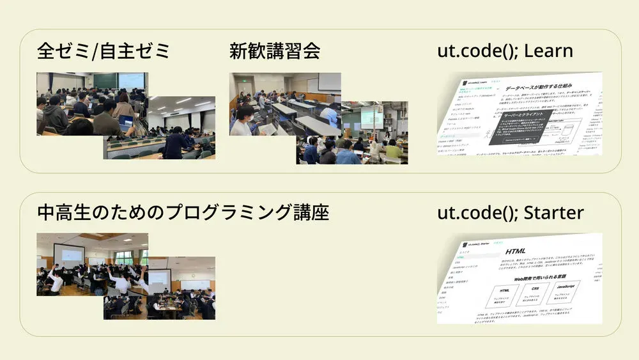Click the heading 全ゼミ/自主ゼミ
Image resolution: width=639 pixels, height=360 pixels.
pyautogui.click(x=104, y=51)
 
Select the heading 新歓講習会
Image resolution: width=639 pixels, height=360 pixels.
pyautogui.click(x=275, y=51)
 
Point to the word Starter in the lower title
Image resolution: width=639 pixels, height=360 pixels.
pyautogui.click(x=553, y=212)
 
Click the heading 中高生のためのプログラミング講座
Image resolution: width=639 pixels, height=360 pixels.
pyautogui.click(x=183, y=212)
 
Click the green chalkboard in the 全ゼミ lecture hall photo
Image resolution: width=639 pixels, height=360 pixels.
pyautogui.click(x=105, y=80)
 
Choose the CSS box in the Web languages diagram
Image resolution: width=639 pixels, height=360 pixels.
pyautogui.click(x=535, y=293)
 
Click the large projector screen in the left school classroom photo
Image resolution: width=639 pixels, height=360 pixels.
pyautogui.click(x=69, y=254)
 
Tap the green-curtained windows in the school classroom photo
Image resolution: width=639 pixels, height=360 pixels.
pyautogui.click(x=121, y=257)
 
